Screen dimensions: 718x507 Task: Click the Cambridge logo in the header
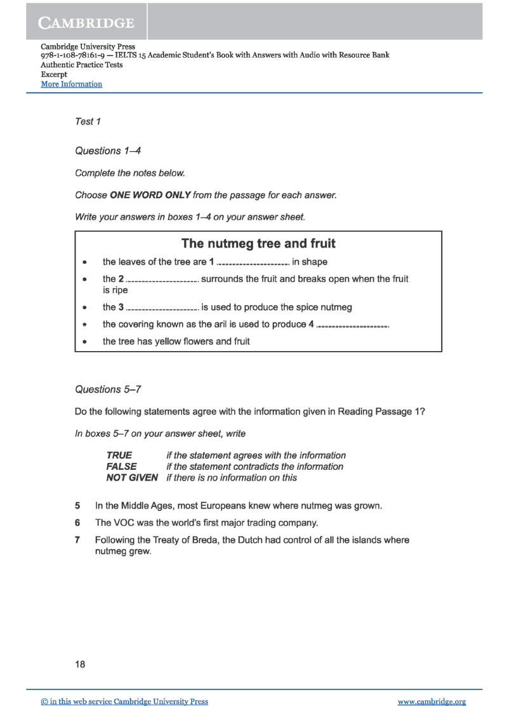tap(87, 23)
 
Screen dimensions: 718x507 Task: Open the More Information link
tap(71, 84)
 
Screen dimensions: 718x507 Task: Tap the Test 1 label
tap(88, 121)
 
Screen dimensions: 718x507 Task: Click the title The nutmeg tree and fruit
tap(258, 243)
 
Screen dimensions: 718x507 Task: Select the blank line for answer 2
tap(162, 280)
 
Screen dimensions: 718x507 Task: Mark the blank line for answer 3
tap(162, 309)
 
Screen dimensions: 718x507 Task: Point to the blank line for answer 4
tap(352, 326)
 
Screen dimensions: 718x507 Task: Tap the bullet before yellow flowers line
tap(84, 342)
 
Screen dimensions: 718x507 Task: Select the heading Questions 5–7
tap(107, 389)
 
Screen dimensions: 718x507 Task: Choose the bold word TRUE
tap(119, 455)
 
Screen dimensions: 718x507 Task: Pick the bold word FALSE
tap(121, 467)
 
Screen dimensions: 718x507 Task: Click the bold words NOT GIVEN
tap(132, 477)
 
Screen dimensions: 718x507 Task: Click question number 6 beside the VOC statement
tap(77, 523)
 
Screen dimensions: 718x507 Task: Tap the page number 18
tap(80, 665)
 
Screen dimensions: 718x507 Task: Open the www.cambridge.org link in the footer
tap(431, 701)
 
